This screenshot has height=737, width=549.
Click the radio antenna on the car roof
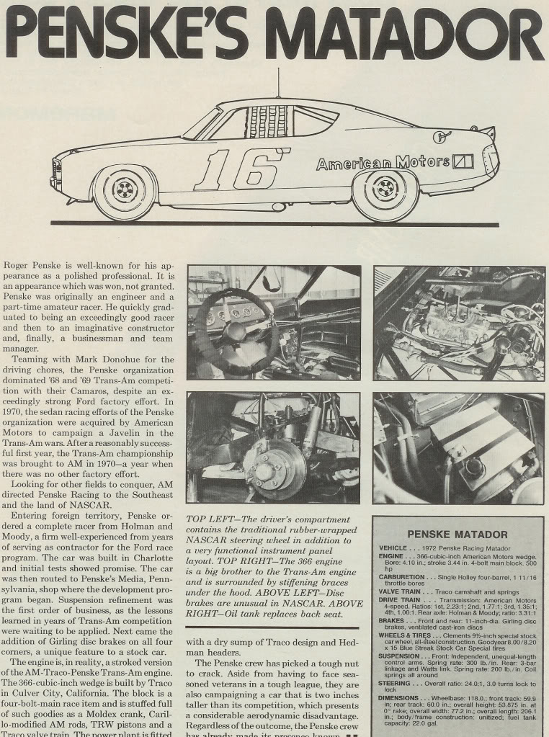click(279, 83)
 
